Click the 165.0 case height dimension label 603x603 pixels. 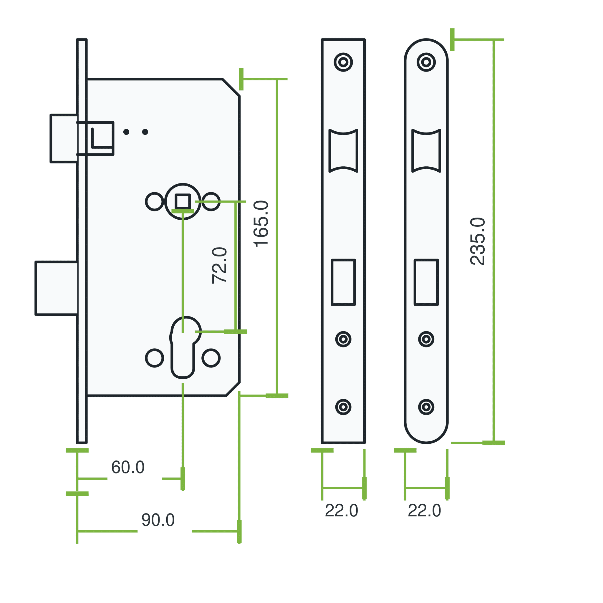[261, 224]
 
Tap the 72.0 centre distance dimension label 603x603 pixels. [219, 265]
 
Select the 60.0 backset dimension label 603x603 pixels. [128, 467]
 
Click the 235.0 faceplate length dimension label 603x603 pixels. [478, 241]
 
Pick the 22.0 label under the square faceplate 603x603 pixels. [342, 511]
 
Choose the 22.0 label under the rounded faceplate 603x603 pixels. [425, 511]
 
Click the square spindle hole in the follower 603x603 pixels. [183, 202]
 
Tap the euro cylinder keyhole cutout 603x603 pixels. [185, 347]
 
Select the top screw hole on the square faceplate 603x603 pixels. [343, 62]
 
